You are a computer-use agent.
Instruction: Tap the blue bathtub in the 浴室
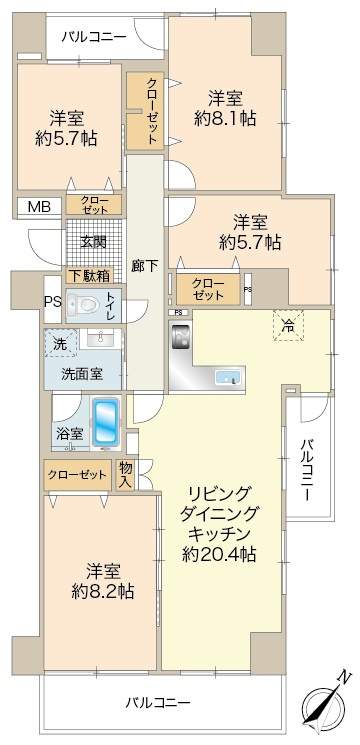click(104, 423)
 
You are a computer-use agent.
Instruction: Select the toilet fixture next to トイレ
click(87, 305)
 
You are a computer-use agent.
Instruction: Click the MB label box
click(37, 207)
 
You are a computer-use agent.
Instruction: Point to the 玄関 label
click(94, 241)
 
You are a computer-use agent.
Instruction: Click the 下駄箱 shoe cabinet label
click(90, 275)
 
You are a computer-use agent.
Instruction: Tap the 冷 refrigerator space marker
click(288, 324)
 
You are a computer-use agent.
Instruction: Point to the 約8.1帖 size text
click(225, 118)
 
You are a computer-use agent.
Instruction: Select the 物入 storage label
click(126, 473)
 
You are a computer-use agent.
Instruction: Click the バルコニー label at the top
click(93, 37)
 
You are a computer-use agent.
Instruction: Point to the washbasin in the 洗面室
click(96, 340)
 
